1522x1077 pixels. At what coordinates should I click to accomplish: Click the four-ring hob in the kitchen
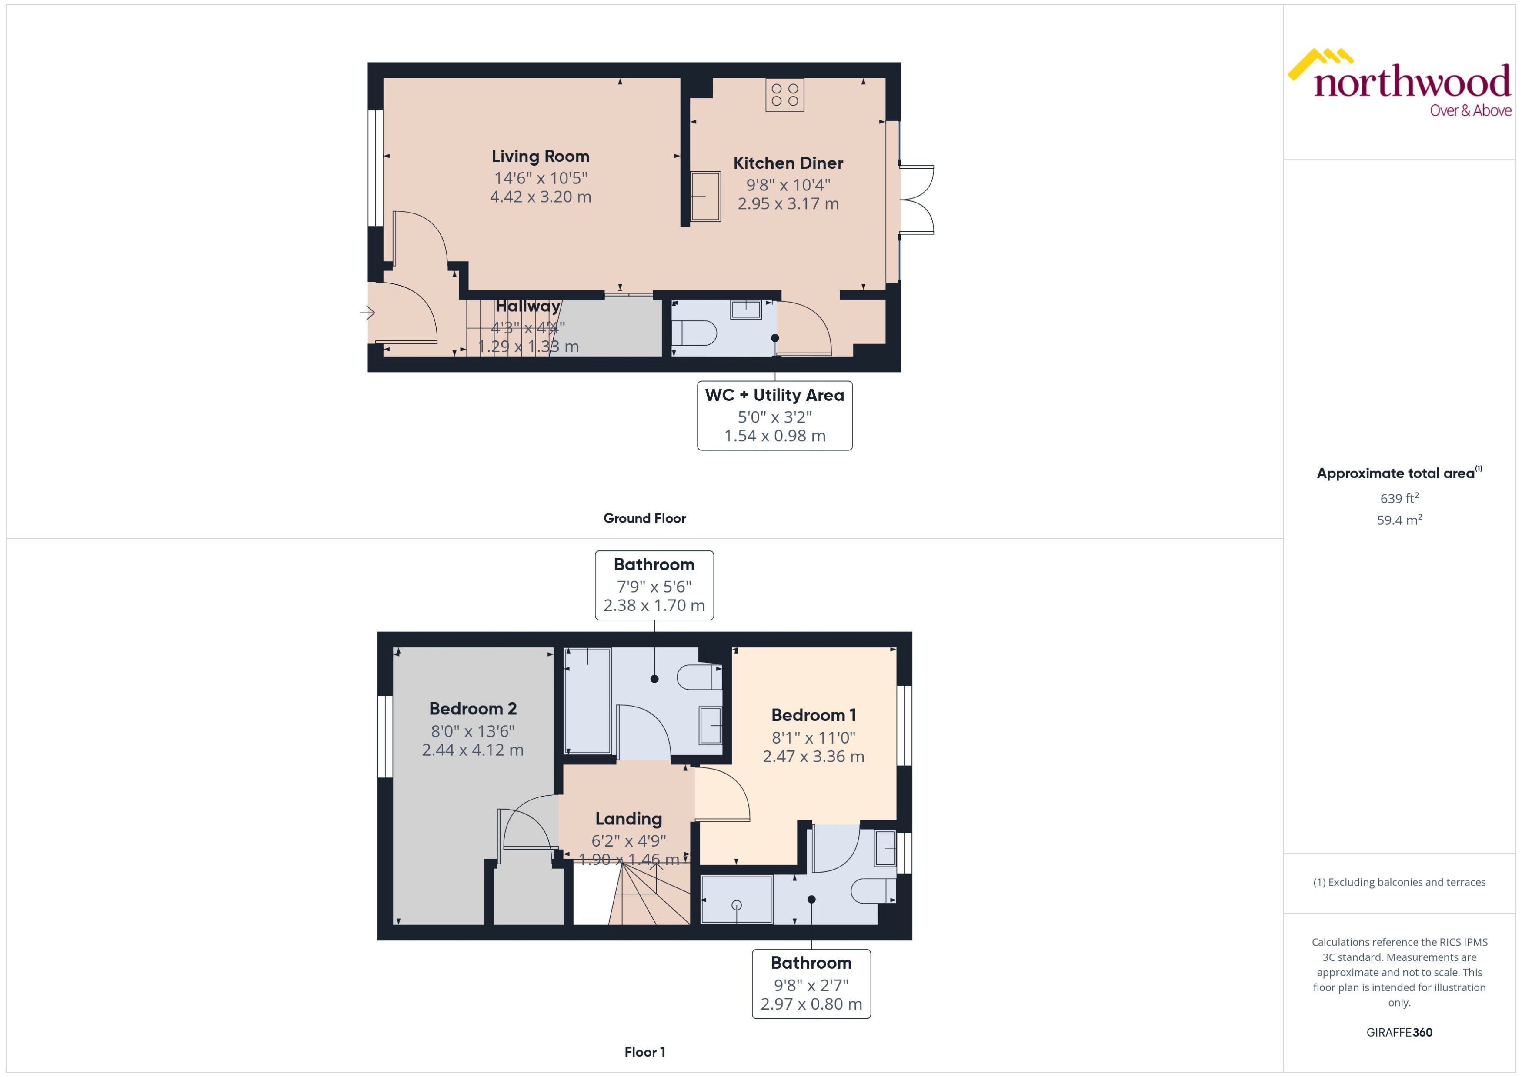coord(784,94)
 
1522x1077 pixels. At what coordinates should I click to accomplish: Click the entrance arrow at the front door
coord(367,312)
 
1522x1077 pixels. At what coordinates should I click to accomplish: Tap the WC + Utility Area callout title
coord(774,395)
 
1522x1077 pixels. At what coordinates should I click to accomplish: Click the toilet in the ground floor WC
coord(695,333)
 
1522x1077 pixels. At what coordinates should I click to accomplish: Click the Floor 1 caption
coord(644,1052)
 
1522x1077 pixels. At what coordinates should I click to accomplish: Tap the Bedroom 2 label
coord(472,708)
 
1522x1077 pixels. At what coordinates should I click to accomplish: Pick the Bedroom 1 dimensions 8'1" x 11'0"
coord(813,737)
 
